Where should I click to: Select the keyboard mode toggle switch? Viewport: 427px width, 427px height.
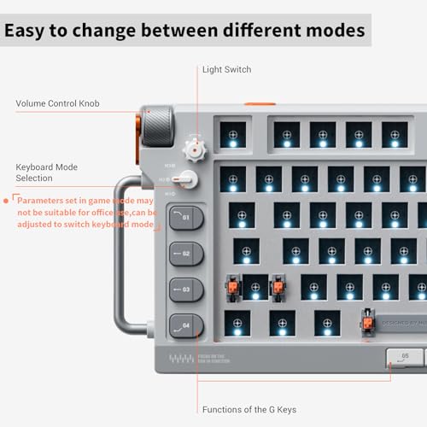(185, 180)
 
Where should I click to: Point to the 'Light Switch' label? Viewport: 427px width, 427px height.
(226, 69)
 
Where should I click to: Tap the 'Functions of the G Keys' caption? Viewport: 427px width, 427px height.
(249, 409)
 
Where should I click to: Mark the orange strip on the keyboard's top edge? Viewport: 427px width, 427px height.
(260, 105)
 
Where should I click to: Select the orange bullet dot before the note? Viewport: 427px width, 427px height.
(7, 199)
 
